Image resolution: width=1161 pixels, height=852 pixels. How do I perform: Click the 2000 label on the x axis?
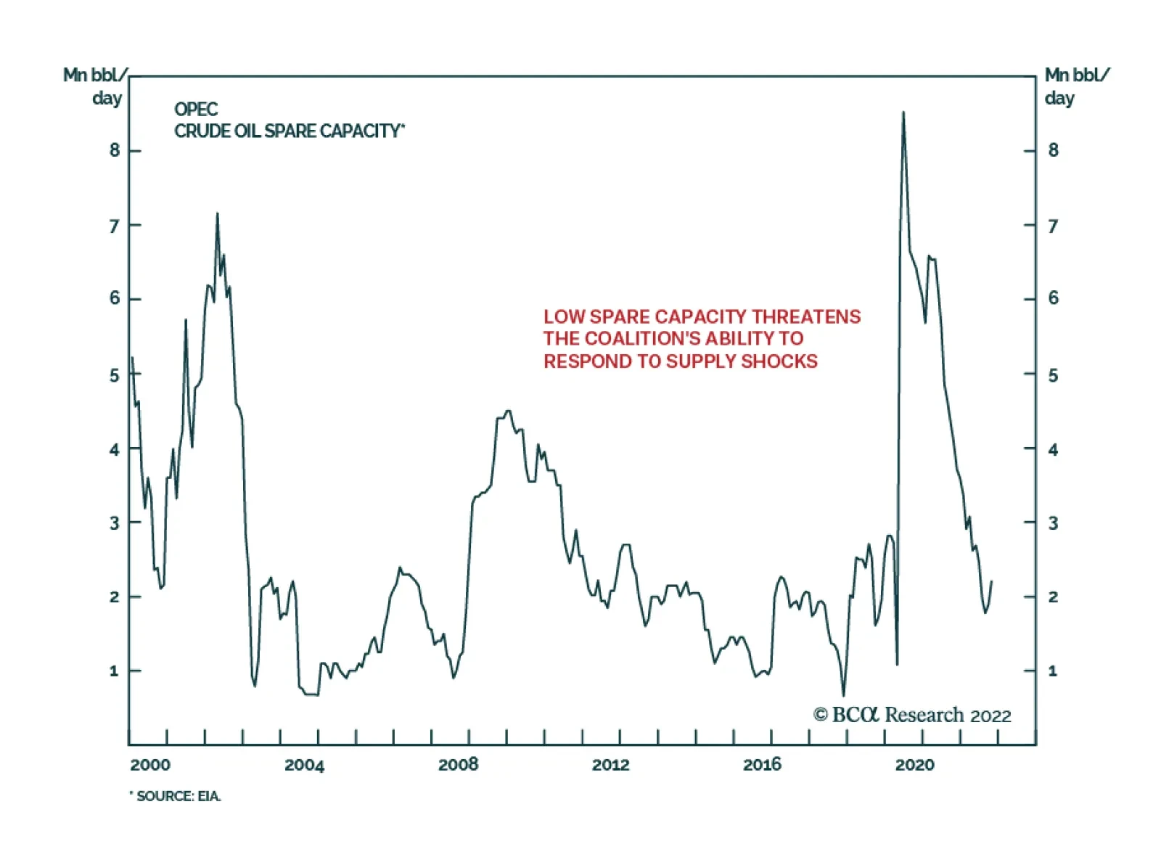click(x=150, y=764)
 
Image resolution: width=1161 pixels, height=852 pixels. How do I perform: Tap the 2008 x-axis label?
click(x=458, y=764)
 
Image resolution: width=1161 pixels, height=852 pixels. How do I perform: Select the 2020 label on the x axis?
click(x=914, y=764)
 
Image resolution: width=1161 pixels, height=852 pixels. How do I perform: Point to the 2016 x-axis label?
click(x=762, y=764)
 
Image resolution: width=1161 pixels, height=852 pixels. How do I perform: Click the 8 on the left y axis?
click(x=115, y=150)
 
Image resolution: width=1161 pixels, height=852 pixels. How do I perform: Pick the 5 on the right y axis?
click(x=1053, y=375)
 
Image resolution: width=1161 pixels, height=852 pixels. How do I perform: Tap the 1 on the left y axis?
click(x=114, y=671)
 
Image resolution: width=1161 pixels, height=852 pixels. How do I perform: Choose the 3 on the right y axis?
click(x=1053, y=523)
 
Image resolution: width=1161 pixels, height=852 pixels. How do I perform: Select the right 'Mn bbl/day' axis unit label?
click(x=1076, y=86)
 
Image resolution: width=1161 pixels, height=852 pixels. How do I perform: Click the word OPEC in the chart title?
click(x=196, y=109)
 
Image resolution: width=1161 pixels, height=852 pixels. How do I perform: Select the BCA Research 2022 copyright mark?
click(x=912, y=716)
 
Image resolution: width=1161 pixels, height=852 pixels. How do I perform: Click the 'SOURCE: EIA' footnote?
click(x=176, y=796)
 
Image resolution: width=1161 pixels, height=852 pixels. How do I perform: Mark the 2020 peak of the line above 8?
click(x=903, y=112)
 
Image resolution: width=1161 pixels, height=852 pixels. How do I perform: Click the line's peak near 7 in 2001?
click(x=217, y=214)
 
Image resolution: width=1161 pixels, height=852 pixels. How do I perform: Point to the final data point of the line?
click(x=991, y=581)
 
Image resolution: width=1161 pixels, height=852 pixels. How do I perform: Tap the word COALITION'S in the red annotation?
click(x=642, y=339)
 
